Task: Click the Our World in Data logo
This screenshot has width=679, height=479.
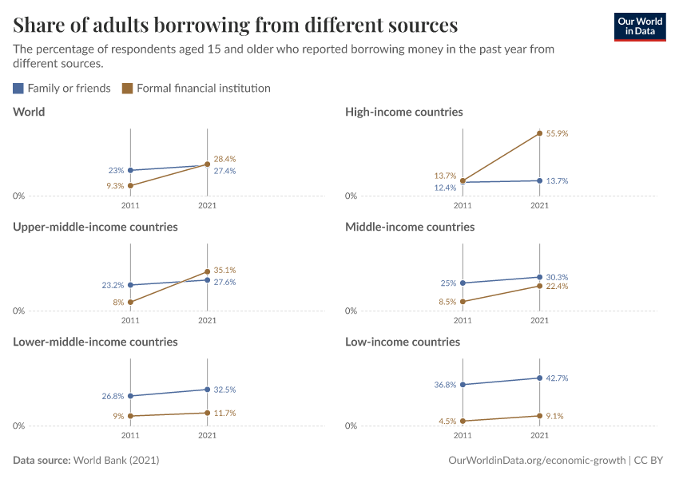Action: click(x=639, y=26)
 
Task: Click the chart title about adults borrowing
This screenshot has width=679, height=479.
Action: click(x=235, y=25)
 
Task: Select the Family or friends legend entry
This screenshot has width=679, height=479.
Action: click(x=62, y=89)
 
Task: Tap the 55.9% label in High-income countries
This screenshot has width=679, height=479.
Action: click(x=557, y=134)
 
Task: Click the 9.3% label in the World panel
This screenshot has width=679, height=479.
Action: click(x=114, y=186)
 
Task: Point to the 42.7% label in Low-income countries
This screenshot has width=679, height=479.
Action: click(x=557, y=378)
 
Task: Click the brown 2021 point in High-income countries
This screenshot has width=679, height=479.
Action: click(x=540, y=133)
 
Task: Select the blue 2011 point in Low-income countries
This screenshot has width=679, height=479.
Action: click(x=463, y=385)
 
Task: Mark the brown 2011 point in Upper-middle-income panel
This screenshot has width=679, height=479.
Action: click(x=131, y=303)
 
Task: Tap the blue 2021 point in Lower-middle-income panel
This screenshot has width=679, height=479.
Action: click(x=208, y=390)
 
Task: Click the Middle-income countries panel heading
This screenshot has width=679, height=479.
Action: click(x=410, y=228)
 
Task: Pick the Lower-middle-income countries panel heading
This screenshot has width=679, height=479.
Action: click(x=95, y=342)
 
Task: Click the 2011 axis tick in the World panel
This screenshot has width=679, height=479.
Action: click(x=131, y=205)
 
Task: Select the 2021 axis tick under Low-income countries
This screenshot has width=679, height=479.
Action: click(x=540, y=436)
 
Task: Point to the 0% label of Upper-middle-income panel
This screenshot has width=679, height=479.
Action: click(x=19, y=311)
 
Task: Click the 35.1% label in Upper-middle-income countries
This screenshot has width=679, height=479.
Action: click(x=224, y=270)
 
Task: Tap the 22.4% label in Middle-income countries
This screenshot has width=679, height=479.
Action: click(x=557, y=286)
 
